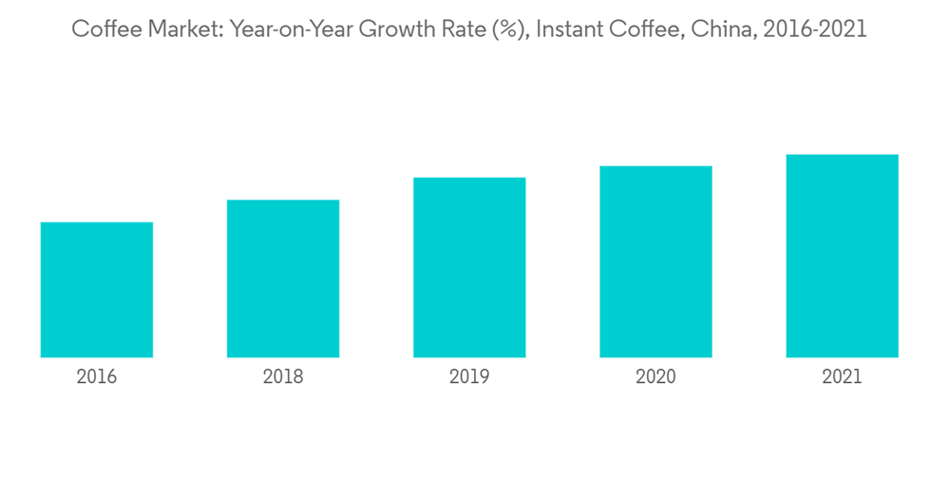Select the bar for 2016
click(x=97, y=290)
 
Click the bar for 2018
click(x=283, y=278)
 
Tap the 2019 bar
click(x=469, y=267)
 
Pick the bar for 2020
click(x=655, y=261)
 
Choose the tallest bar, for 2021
click(x=842, y=256)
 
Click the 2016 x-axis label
click(x=97, y=377)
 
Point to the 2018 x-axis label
click(x=283, y=377)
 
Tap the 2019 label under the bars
click(x=469, y=377)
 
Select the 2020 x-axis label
click(x=655, y=377)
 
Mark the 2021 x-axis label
click(x=842, y=377)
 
